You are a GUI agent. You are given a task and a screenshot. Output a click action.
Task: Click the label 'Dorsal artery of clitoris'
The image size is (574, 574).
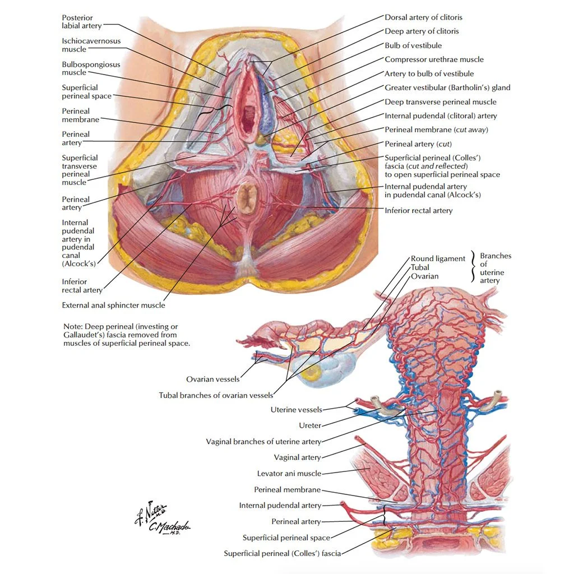[x=423, y=17]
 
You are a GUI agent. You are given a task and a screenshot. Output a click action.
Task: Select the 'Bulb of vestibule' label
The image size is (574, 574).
[x=413, y=45]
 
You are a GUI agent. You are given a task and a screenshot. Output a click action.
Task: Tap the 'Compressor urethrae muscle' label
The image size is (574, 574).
[x=434, y=59]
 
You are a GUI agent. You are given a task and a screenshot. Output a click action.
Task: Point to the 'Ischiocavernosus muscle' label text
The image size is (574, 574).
[x=91, y=45]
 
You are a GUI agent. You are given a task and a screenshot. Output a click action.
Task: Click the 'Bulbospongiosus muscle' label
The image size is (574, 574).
[x=91, y=68]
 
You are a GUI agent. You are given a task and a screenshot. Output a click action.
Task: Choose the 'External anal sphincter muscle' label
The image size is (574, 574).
[x=113, y=305]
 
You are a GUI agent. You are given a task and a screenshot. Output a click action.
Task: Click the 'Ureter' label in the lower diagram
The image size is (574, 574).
[x=309, y=425]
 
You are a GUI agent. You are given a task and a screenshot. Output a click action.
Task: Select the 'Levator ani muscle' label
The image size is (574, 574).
[x=289, y=474]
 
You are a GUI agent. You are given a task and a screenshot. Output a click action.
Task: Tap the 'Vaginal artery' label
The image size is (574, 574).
[x=297, y=457]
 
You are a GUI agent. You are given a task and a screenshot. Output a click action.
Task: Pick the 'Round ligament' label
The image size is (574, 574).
[x=438, y=258]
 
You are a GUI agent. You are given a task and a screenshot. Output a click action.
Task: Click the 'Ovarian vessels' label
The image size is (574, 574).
[x=212, y=379]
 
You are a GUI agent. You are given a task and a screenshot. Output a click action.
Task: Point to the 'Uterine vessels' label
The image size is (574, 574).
[x=297, y=410]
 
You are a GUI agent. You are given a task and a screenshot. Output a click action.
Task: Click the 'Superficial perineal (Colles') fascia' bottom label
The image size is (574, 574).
[x=282, y=554]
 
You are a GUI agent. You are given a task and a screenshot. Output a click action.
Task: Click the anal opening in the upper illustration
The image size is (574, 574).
[x=247, y=198]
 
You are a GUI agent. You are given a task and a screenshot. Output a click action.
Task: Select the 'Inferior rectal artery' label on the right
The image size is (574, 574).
[x=418, y=211]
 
